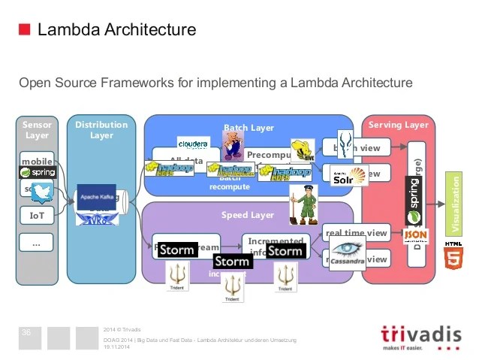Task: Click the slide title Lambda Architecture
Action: pos(116,30)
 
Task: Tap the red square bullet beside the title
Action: pos(24,30)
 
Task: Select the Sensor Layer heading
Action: pos(37,129)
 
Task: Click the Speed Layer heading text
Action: pos(247,215)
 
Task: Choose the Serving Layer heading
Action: pos(398,125)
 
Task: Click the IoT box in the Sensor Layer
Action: pos(37,216)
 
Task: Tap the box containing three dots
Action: pos(37,242)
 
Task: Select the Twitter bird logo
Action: pos(44,193)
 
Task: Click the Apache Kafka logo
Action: pos(95,195)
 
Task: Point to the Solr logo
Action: pos(348,177)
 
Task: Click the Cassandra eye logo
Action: pos(345,253)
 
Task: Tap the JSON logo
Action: pos(415,236)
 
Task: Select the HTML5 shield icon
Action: pos(453,259)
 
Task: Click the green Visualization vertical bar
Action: pos(453,203)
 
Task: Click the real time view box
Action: pos(355,233)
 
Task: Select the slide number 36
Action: pos(27,332)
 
